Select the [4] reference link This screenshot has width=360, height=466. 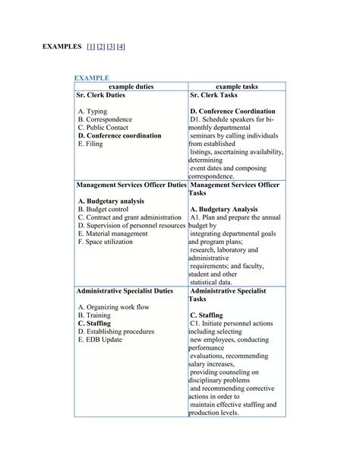point(121,47)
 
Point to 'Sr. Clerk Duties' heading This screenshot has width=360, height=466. point(101,96)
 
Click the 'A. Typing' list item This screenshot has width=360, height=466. point(93,112)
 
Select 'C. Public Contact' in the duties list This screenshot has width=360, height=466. point(106,128)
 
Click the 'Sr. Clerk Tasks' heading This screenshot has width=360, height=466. point(216,96)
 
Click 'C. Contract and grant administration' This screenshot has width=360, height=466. point(130,217)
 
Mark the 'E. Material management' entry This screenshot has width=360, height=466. point(112,233)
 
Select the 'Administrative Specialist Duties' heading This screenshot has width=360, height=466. point(125,290)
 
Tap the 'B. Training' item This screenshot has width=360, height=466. point(96,315)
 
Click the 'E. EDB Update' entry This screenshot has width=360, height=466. point(99,340)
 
